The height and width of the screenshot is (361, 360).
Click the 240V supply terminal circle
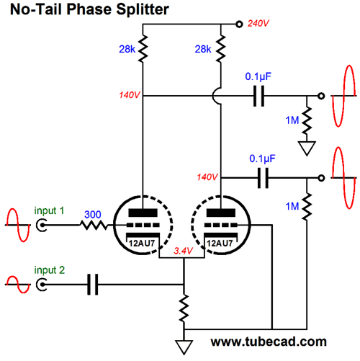(x=239, y=24)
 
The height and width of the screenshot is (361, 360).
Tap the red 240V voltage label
(x=258, y=24)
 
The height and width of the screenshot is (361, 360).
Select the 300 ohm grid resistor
(x=94, y=226)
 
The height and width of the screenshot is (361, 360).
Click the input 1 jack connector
(x=42, y=226)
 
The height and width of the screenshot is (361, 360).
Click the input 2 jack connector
(x=42, y=285)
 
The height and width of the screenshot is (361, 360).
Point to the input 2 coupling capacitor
(x=92, y=285)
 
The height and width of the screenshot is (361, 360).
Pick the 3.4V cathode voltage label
(x=183, y=251)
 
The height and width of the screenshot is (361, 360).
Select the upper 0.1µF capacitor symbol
(x=259, y=96)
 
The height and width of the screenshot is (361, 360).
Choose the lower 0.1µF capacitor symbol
(x=263, y=178)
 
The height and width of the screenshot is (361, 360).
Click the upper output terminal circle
(x=321, y=96)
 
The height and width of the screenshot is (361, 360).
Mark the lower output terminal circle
(x=321, y=178)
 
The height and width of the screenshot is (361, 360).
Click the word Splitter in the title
(x=143, y=9)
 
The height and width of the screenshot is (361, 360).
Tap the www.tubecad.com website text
(x=269, y=342)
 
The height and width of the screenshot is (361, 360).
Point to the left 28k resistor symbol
(x=143, y=49)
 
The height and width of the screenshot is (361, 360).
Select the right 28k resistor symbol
(x=221, y=49)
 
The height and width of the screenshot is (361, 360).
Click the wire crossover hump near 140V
(x=216, y=96)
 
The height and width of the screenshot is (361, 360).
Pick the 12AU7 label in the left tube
(x=142, y=244)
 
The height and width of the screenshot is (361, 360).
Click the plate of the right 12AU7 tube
(x=221, y=213)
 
